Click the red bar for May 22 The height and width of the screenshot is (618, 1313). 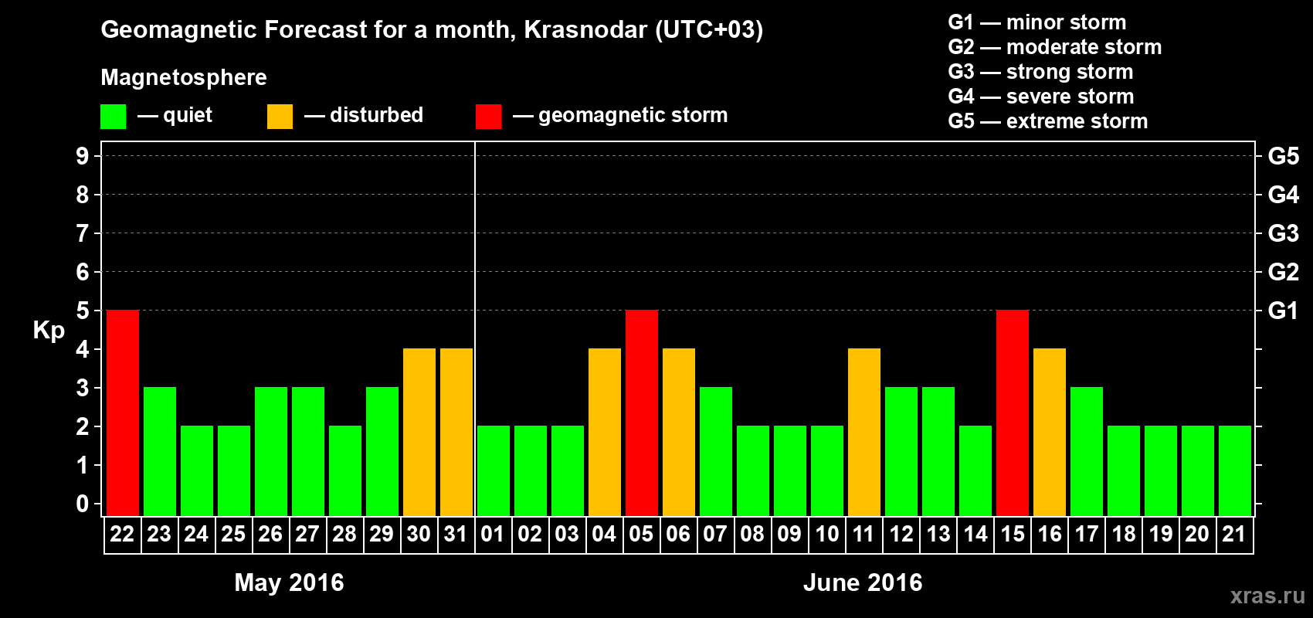click(x=123, y=413)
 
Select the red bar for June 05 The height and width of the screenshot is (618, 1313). click(x=642, y=413)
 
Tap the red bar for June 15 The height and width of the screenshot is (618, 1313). click(x=1013, y=413)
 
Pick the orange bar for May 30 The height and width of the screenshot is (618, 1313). click(x=419, y=432)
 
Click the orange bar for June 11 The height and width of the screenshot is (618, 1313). click(x=864, y=432)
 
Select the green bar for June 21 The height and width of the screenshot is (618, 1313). click(x=1235, y=470)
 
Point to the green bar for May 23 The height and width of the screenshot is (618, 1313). click(x=160, y=451)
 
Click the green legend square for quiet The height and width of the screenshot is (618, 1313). click(x=113, y=116)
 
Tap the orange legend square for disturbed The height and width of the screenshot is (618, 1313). click(x=280, y=116)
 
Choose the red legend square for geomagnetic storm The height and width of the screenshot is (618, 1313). click(x=488, y=116)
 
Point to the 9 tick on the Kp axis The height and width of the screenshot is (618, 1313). click(x=82, y=156)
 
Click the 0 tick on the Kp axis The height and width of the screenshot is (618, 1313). click(x=82, y=504)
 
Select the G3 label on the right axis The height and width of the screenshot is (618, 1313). click(x=1283, y=233)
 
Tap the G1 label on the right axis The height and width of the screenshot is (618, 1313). click(x=1283, y=311)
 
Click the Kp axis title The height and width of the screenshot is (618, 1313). click(x=49, y=331)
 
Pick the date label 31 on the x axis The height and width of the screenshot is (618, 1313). click(x=456, y=534)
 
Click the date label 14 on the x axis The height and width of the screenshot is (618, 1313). click(x=975, y=534)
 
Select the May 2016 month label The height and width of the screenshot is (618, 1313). click(x=289, y=582)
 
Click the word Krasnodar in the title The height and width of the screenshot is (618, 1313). click(x=585, y=29)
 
